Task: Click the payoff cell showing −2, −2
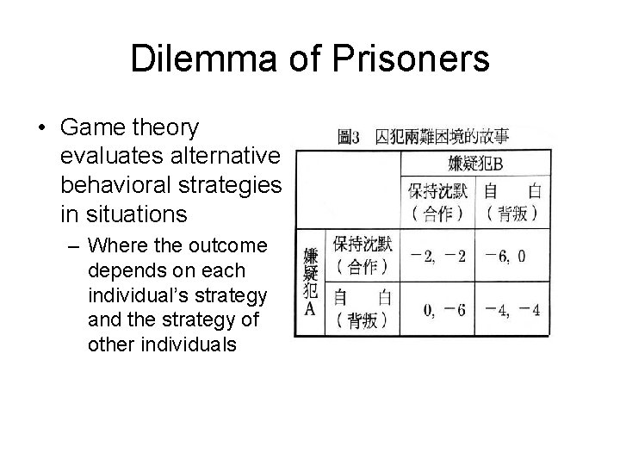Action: [438, 257]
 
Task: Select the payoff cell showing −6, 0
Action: [511, 257]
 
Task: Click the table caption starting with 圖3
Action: [423, 135]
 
